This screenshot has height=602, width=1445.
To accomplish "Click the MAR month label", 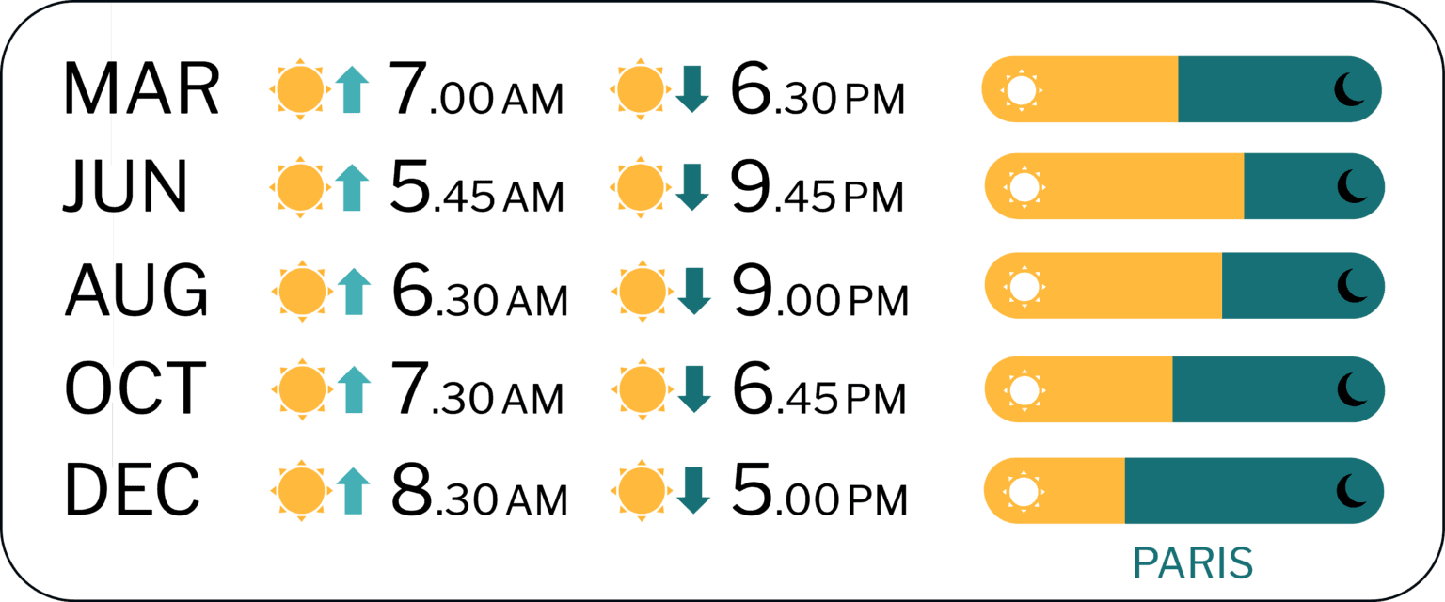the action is pyautogui.click(x=141, y=89).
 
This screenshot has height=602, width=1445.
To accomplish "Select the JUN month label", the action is pyautogui.click(x=125, y=186).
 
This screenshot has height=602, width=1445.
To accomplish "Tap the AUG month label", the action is pyautogui.click(x=136, y=291).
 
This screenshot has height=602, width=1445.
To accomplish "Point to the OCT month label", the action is pyautogui.click(x=135, y=388).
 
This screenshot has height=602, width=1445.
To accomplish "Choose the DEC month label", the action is pyautogui.click(x=133, y=489).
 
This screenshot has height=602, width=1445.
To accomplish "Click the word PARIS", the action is pyautogui.click(x=1193, y=563).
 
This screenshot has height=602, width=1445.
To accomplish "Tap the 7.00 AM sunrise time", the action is pyautogui.click(x=476, y=89).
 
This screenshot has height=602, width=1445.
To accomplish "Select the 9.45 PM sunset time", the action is pyautogui.click(x=818, y=186).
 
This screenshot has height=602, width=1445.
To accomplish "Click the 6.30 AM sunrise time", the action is pyautogui.click(x=479, y=291).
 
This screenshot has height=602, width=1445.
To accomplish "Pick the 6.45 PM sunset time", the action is pyautogui.click(x=819, y=388).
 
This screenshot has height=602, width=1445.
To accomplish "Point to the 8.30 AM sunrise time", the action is pyautogui.click(x=479, y=489).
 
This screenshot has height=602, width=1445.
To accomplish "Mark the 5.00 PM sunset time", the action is pyautogui.click(x=819, y=489).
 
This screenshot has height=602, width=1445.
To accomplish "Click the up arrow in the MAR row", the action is pyautogui.click(x=352, y=89).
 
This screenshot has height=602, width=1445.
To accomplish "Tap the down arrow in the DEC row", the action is pyautogui.click(x=694, y=490).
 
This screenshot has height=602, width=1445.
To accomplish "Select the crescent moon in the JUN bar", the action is pyautogui.click(x=1352, y=186).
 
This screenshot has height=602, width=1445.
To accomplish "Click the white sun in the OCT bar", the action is pyautogui.click(x=1024, y=389).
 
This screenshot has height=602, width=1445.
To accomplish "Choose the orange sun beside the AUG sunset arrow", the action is pyautogui.click(x=642, y=291).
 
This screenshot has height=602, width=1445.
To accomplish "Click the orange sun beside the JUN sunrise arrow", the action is pyautogui.click(x=300, y=187).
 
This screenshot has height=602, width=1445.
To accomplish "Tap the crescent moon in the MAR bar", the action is pyautogui.click(x=1350, y=89).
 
